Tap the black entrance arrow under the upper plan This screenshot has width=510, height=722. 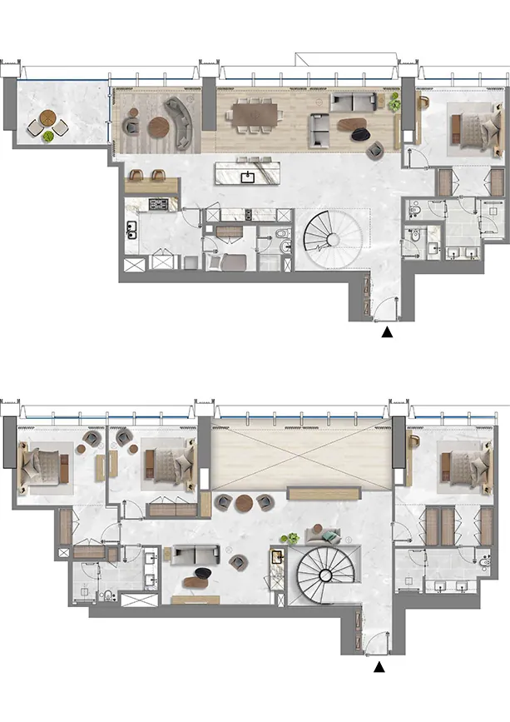(x=387, y=332)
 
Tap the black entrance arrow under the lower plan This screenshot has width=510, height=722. (x=379, y=666)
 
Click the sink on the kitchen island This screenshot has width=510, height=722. (x=248, y=176)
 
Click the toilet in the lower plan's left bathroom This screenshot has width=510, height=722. (x=109, y=594)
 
